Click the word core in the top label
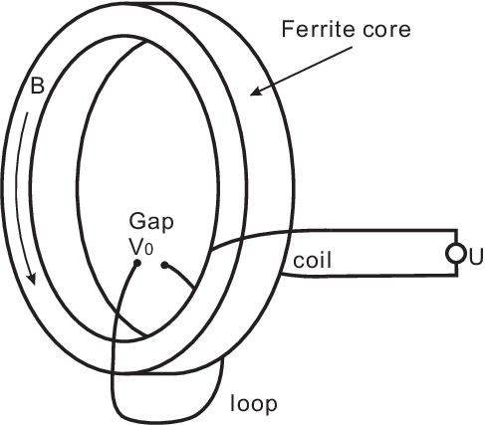click(386, 31)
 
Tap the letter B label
click(37, 86)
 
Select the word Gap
click(151, 223)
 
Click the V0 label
click(141, 247)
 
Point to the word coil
click(313, 260)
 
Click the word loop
click(254, 404)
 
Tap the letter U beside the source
click(475, 258)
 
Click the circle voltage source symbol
click(455, 254)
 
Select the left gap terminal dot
click(137, 264)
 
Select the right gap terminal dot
click(164, 265)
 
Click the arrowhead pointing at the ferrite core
click(256, 91)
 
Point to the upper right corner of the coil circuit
click(457, 230)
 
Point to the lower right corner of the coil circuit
click(457, 275)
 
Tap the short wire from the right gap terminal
click(179, 274)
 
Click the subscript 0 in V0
click(149, 250)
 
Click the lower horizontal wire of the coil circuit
click(369, 276)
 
